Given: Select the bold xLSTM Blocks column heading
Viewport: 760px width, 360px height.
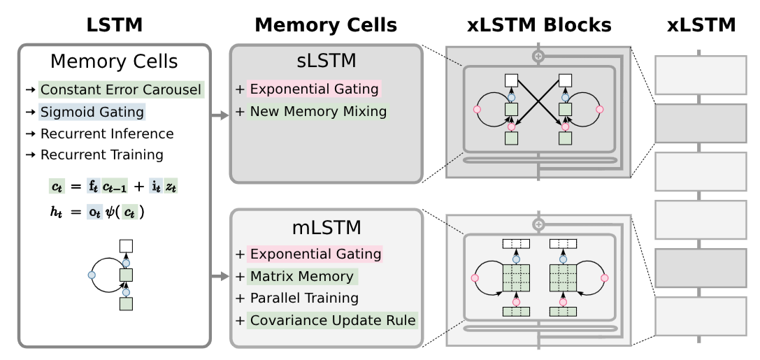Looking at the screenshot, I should pos(539,25).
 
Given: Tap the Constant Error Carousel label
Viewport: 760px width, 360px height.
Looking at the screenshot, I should pos(120,89).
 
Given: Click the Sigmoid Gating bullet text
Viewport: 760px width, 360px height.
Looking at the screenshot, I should pos(92,111).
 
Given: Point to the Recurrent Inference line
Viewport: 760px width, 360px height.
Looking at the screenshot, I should pos(106,133).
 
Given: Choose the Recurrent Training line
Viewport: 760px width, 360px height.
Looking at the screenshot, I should pos(102,154).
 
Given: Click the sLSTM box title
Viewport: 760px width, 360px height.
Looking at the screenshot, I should pos(327,62).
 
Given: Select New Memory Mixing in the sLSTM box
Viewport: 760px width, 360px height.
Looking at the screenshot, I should pos(317,111).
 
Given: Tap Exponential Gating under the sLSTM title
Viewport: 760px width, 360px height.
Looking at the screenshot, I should pos(315,89).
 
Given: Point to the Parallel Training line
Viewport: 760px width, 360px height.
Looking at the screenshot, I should pos(303,298).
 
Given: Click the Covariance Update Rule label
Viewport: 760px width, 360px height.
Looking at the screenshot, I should pos(333,320).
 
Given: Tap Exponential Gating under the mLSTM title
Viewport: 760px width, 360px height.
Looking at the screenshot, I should pos(315,254).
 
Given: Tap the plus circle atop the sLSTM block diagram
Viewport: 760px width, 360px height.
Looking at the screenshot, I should pos(538,55).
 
